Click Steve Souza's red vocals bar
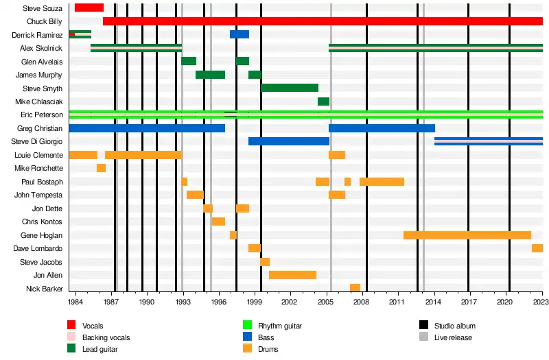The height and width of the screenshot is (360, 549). [89, 8]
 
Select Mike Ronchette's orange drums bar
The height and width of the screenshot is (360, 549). [101, 168]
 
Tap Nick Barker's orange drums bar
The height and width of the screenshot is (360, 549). [355, 288]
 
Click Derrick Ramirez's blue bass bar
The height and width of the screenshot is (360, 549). [240, 34]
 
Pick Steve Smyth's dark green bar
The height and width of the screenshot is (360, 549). [290, 88]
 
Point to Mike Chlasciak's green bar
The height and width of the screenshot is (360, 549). [323, 101]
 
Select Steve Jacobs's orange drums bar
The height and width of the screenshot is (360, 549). [265, 262]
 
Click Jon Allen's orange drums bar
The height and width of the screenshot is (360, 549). [293, 275]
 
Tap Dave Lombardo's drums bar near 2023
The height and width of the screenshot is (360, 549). [537, 248]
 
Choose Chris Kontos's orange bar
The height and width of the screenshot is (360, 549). [218, 221]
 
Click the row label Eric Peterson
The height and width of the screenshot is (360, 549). [42, 115]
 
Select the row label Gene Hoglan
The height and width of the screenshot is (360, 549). [41, 235]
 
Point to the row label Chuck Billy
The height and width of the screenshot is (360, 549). [45, 21]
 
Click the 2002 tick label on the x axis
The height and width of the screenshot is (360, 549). [290, 302]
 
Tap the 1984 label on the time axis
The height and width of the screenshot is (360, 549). [75, 302]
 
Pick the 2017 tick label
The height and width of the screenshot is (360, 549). [469, 302]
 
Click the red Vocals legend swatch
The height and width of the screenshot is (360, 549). [71, 325]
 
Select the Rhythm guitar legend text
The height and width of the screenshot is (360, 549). [280, 326]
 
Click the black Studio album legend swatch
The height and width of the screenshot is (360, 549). [423, 325]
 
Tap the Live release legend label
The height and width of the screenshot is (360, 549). [453, 337]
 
